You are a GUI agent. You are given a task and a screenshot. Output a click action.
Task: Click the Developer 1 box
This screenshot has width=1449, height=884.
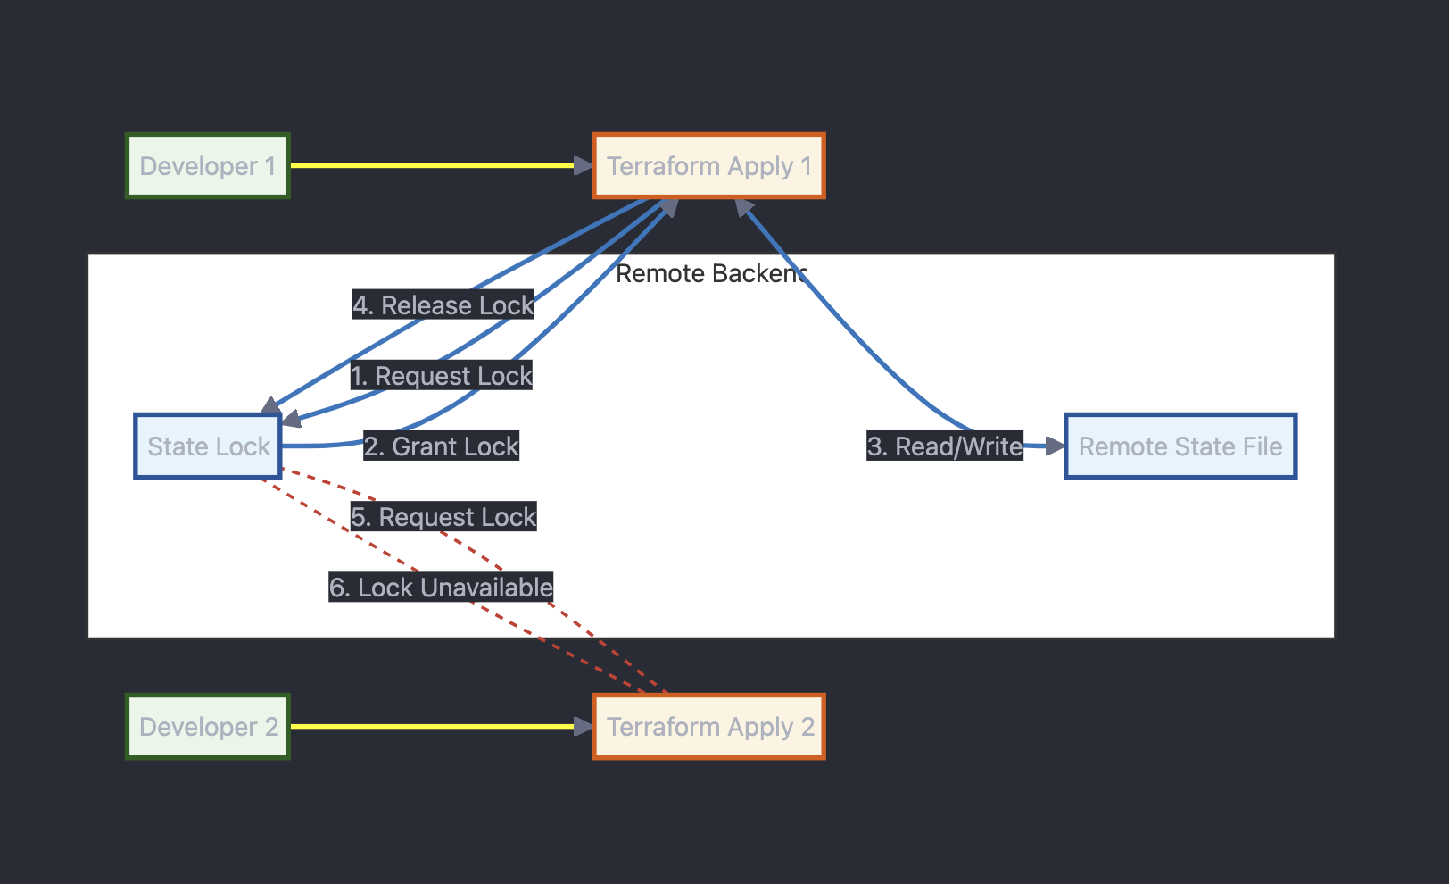click(x=208, y=166)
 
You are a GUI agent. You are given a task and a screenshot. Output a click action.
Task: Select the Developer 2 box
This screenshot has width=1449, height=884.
click(x=208, y=727)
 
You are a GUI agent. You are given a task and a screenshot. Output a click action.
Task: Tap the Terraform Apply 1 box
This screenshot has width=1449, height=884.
click(x=708, y=166)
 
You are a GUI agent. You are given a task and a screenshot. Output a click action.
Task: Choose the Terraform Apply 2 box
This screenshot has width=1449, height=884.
click(x=708, y=727)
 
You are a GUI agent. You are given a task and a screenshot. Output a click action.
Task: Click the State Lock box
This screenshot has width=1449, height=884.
click(x=208, y=446)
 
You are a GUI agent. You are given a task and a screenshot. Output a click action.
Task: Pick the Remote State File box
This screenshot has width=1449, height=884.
click(x=1180, y=446)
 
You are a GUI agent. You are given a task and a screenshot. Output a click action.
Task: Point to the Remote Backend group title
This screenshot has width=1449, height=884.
click(x=710, y=273)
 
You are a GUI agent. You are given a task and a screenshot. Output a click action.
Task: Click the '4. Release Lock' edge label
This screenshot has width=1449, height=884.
click(x=443, y=305)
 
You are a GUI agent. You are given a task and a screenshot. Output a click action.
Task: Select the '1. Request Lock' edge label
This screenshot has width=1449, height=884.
click(x=442, y=376)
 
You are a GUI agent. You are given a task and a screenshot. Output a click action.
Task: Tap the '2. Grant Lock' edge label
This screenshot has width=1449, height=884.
click(x=442, y=446)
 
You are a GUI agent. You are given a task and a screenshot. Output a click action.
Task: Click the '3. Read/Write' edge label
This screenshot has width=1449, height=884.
click(x=945, y=446)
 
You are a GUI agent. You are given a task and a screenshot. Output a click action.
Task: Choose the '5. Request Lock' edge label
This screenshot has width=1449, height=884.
click(x=443, y=517)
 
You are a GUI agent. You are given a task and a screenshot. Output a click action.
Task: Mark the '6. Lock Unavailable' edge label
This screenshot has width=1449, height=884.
click(x=441, y=588)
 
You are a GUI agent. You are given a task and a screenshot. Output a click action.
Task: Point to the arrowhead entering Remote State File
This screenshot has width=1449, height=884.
click(x=1056, y=446)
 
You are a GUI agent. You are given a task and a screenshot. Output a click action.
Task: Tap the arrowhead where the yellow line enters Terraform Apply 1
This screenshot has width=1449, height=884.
click(x=584, y=165)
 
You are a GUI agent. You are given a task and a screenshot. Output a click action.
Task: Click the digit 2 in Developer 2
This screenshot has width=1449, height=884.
click(x=271, y=727)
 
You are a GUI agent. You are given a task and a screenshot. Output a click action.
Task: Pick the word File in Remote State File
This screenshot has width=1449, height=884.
click(x=1263, y=446)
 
